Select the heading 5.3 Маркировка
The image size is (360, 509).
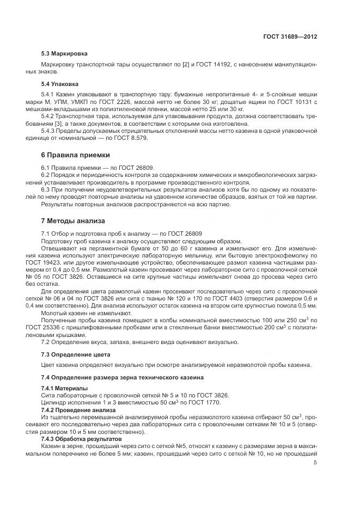tap(64, 54)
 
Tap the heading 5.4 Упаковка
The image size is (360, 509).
tap(60, 84)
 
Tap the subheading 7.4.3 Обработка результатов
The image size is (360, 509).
tap(81, 439)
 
